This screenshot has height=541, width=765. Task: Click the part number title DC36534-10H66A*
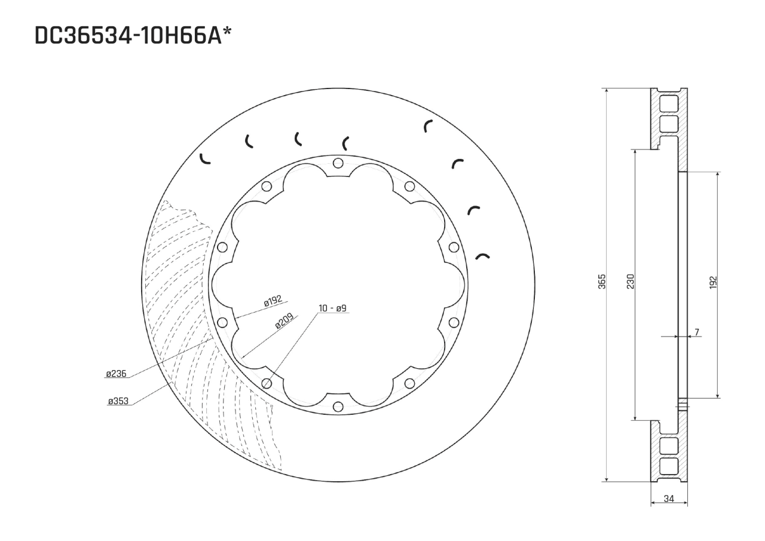(x=133, y=36)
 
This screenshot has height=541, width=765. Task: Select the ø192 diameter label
(x=273, y=302)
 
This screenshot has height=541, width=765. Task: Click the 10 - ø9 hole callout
(x=332, y=308)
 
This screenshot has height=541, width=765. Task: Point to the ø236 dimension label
(x=116, y=374)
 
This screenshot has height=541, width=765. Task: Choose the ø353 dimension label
(x=118, y=401)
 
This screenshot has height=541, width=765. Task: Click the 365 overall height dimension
(x=602, y=282)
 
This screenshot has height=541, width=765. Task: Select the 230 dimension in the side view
(x=630, y=282)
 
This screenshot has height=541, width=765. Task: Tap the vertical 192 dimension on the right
(x=713, y=283)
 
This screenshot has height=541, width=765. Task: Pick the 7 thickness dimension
(x=697, y=332)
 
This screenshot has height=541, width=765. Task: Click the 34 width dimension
(x=669, y=499)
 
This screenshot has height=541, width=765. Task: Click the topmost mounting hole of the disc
(x=338, y=163)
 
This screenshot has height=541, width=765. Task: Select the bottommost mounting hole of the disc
(x=338, y=406)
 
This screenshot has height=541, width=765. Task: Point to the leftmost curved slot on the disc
(x=204, y=158)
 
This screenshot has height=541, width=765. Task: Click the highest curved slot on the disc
(x=427, y=126)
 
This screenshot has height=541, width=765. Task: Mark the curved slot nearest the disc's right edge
(x=483, y=256)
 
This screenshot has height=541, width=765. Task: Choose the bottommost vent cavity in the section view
(x=668, y=466)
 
